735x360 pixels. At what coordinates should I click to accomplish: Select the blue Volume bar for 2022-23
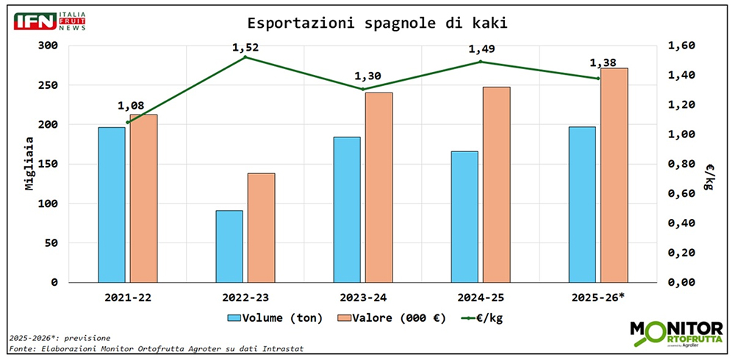pyautogui.click(x=229, y=246)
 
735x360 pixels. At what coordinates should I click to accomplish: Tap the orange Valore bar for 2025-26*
pyautogui.click(x=614, y=175)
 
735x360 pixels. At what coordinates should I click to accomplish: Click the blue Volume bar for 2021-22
pyautogui.click(x=112, y=204)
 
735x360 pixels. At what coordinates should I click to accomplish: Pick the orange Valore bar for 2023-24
pyautogui.click(x=379, y=187)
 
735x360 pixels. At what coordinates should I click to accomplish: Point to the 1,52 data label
pyautogui.click(x=245, y=47)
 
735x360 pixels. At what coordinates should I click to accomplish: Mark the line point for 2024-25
pyautogui.click(x=480, y=62)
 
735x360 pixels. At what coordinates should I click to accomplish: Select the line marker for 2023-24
pyautogui.click(x=363, y=90)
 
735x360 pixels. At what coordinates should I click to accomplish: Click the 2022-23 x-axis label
pyautogui.click(x=245, y=298)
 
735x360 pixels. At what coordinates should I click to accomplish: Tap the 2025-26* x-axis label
pyautogui.click(x=599, y=298)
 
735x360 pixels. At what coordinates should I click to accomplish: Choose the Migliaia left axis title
pyautogui.click(x=29, y=164)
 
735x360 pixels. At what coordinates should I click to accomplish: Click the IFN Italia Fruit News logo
pyautogui.click(x=50, y=21)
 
